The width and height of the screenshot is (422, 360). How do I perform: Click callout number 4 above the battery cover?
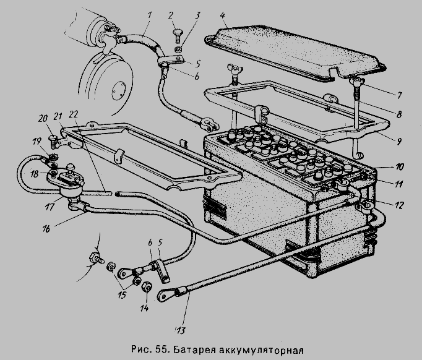pos(222,15)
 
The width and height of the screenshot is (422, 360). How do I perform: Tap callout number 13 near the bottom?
pos(181,330)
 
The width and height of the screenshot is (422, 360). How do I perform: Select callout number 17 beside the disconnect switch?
pos(50,207)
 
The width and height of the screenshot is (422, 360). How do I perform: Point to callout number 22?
pos(74,114)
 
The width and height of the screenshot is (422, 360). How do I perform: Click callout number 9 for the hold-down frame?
pos(399,140)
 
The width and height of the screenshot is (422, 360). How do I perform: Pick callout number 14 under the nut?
pos(145,307)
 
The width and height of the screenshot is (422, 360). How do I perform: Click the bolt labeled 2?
pos(178,35)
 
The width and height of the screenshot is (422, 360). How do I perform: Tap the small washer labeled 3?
pos(178,49)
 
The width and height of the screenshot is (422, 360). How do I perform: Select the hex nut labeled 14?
pos(147,288)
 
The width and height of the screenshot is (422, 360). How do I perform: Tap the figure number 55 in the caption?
pos(162,349)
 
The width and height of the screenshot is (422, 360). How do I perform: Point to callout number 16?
pos(46,229)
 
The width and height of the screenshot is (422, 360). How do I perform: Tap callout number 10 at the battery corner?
pos(400,167)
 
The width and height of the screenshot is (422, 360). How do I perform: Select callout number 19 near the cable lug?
pos(37,141)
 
